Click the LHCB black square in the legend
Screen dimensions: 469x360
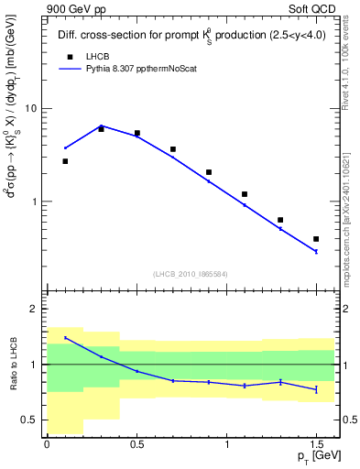(x=66, y=56)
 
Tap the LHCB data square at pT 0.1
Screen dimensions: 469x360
(x=65, y=161)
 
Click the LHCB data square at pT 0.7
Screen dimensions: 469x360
(x=173, y=149)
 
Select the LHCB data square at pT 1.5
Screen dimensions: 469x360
(x=316, y=239)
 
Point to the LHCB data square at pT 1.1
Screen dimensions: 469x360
(x=245, y=194)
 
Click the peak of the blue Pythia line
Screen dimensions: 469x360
(x=101, y=125)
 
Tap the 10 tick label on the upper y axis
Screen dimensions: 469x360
(x=29, y=108)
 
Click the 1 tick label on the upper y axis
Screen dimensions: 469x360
(x=33, y=202)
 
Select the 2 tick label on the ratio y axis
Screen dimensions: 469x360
(x=33, y=309)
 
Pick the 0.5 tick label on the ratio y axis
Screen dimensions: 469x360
(x=28, y=420)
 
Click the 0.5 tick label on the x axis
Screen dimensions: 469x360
(x=136, y=445)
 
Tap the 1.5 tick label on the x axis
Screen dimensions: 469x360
(x=316, y=445)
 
